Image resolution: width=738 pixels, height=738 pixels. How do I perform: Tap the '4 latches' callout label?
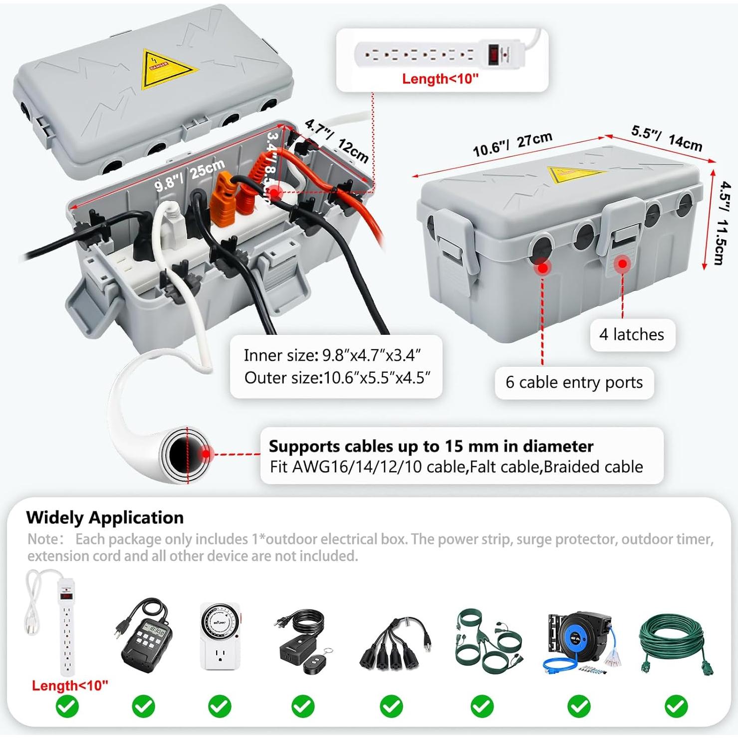pyautogui.click(x=632, y=334)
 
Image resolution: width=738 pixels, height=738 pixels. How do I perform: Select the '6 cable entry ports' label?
pyautogui.click(x=574, y=382)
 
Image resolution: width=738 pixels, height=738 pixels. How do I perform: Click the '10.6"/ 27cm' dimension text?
pyautogui.click(x=512, y=144)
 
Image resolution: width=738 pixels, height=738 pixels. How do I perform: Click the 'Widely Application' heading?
pyautogui.click(x=105, y=517)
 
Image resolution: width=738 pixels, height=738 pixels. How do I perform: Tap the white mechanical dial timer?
pyautogui.click(x=220, y=636)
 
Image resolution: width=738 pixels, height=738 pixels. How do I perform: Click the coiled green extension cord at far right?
pyautogui.click(x=677, y=644)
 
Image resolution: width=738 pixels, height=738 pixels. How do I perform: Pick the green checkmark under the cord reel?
pyautogui.click(x=579, y=706)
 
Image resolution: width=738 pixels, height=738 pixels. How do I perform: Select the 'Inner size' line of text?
pyautogui.click(x=332, y=355)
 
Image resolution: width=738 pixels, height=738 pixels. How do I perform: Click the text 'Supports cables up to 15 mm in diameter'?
pyautogui.click(x=431, y=446)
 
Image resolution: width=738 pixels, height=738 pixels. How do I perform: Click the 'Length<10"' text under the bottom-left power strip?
pyautogui.click(x=70, y=686)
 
